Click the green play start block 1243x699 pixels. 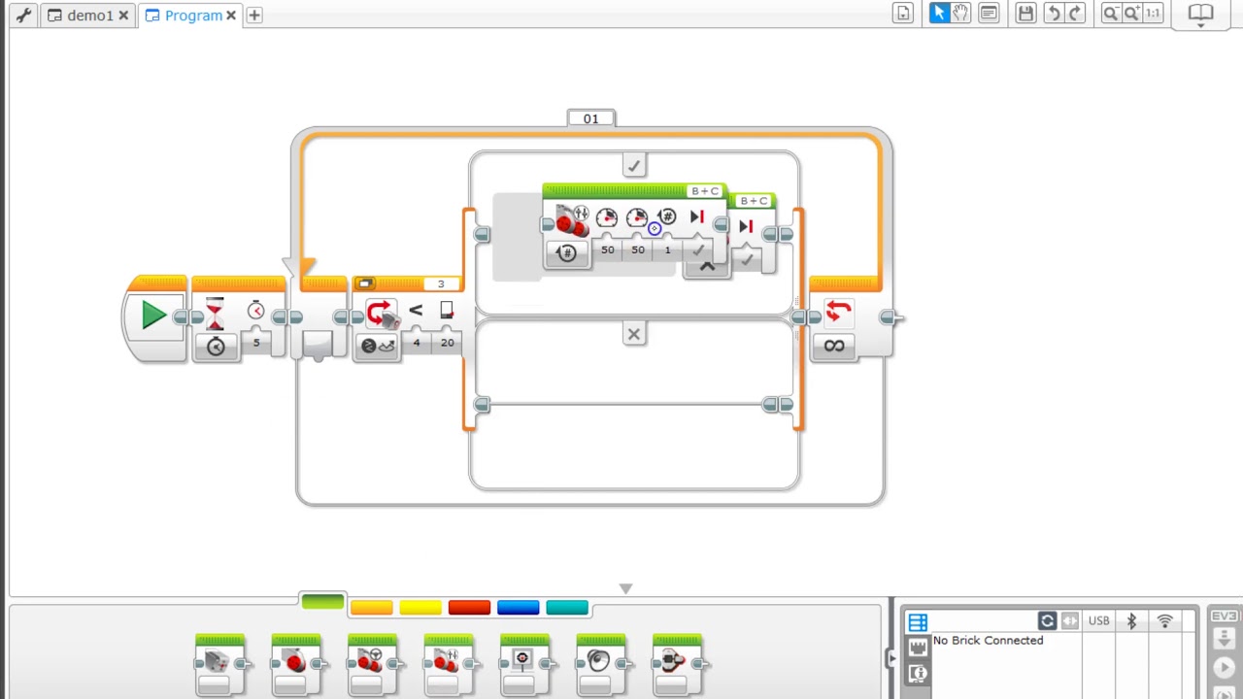152,316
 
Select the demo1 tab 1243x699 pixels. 89,16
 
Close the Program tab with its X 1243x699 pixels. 231,16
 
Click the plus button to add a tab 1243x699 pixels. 254,16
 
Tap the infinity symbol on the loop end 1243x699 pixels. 834,346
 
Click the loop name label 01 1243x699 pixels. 590,118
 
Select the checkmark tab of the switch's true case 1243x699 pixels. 634,166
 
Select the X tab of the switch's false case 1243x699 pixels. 634,335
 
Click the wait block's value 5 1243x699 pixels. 256,343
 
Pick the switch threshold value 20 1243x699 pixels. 447,343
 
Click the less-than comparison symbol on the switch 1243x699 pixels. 416,311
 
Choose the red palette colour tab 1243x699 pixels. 469,608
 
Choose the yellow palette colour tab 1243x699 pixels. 420,608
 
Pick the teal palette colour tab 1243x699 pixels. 567,608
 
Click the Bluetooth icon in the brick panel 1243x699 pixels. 1131,621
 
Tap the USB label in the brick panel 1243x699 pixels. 1098,621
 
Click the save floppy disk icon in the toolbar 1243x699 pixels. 1025,14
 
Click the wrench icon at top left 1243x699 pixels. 23,16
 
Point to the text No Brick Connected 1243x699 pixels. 988,641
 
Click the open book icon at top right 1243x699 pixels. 1201,14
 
